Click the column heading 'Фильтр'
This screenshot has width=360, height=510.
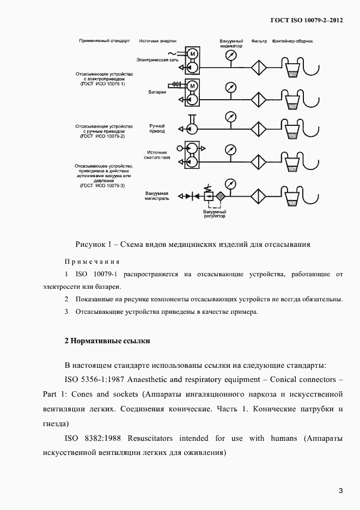pos(259,41)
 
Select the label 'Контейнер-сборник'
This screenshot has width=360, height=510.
pos(293,41)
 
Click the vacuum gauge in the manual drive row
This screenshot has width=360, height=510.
pos(230,117)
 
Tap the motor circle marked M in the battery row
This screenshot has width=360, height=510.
pos(192,86)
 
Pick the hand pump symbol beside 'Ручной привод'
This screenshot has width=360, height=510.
pos(191,128)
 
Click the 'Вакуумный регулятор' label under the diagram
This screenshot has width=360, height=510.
pos(215,214)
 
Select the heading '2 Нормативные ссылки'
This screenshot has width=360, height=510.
pos(107,341)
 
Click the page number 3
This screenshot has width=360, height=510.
pos(340,490)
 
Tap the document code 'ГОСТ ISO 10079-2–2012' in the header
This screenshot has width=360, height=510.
pos(307,20)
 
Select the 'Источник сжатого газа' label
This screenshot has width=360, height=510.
pos(156,155)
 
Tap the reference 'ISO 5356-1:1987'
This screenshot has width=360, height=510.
pos(94,379)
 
